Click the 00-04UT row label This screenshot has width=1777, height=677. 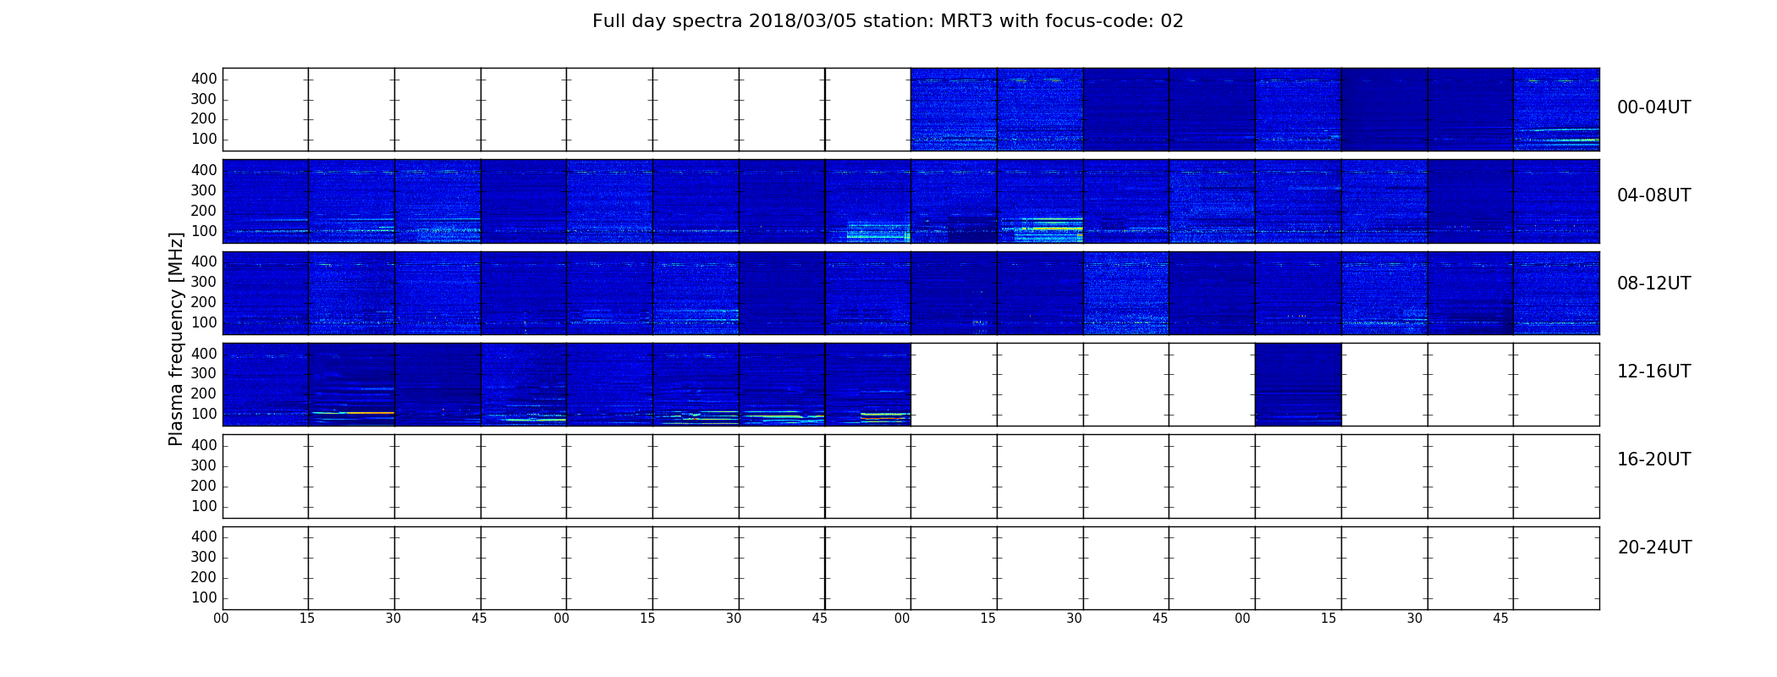(1653, 107)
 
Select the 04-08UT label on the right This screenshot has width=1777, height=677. (1653, 195)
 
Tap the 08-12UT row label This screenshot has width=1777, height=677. (1653, 283)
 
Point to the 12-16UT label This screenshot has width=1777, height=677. (1653, 372)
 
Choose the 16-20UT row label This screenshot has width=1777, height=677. (1653, 460)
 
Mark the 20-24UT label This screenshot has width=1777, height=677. (1654, 548)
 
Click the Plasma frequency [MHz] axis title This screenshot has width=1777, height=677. (176, 338)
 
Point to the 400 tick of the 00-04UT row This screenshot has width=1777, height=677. (204, 79)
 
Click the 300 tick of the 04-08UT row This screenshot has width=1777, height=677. (204, 190)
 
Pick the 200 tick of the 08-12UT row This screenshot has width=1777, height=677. (204, 302)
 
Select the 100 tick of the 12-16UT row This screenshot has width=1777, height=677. (204, 414)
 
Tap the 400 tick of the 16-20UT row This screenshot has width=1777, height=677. (204, 445)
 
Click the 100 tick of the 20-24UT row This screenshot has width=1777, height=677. (204, 597)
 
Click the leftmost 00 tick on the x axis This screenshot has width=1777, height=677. (221, 619)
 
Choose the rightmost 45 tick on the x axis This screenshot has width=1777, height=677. (1500, 619)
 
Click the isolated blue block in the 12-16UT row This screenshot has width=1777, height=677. (1298, 384)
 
